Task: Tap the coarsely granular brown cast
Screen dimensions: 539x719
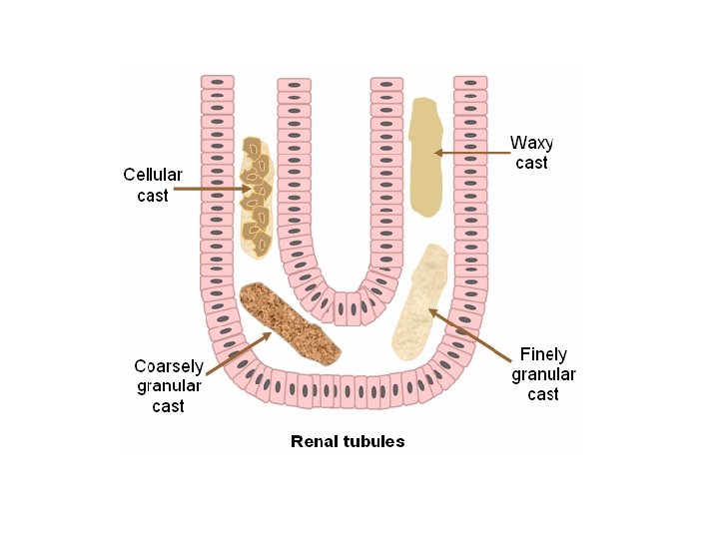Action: pyautogui.click(x=290, y=321)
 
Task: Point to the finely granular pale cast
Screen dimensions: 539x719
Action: pyautogui.click(x=419, y=302)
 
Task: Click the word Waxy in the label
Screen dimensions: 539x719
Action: pyautogui.click(x=531, y=143)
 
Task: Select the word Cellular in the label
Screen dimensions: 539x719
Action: pyautogui.click(x=153, y=174)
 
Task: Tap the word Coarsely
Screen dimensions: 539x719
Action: pyautogui.click(x=169, y=365)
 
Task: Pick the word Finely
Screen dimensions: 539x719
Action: pyautogui.click(x=543, y=354)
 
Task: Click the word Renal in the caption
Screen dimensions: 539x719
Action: pyautogui.click(x=312, y=440)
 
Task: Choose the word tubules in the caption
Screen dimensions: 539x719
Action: pyautogui.click(x=371, y=440)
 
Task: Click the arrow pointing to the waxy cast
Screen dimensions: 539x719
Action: pyautogui.click(x=469, y=153)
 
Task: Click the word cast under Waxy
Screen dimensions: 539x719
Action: pyautogui.click(x=531, y=163)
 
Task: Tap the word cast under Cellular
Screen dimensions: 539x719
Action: pyautogui.click(x=153, y=195)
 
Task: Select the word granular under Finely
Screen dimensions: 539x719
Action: pyautogui.click(x=543, y=374)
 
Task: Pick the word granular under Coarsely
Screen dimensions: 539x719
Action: pyautogui.click(x=169, y=385)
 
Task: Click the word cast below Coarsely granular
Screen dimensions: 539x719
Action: pyautogui.click(x=169, y=405)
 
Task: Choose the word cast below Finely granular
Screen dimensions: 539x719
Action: pyautogui.click(x=543, y=394)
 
